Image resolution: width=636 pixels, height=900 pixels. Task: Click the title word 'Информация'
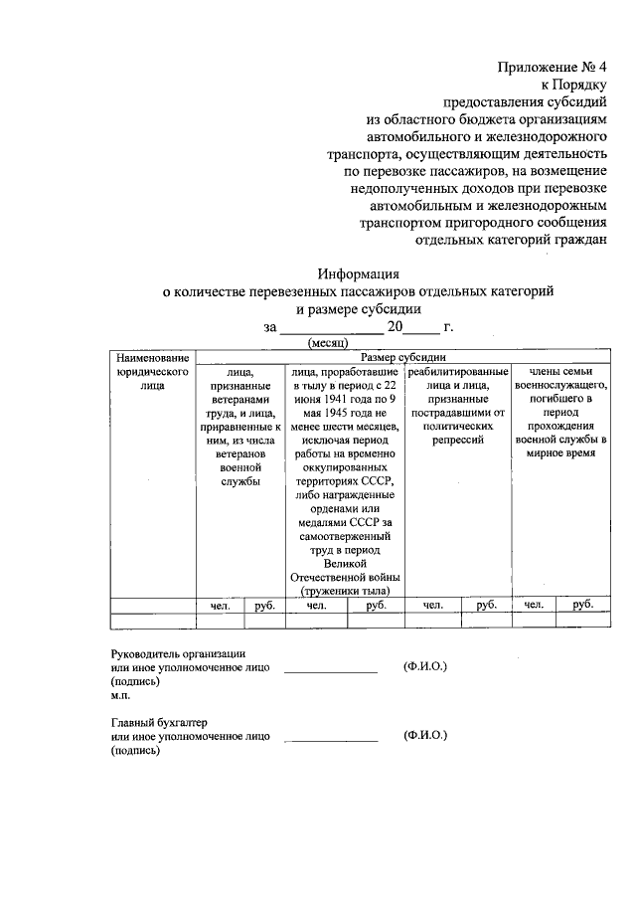tap(358, 273)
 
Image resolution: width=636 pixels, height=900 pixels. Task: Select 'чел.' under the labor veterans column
tap(220, 604)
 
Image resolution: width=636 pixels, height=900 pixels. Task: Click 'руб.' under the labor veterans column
tap(264, 604)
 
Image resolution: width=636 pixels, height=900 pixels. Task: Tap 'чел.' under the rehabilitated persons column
tap(432, 604)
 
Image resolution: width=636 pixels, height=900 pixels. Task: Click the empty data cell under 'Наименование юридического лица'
tap(152, 621)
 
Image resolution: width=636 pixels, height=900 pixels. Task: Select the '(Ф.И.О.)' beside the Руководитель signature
tap(425, 666)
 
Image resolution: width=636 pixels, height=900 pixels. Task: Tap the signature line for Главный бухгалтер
tap(331, 741)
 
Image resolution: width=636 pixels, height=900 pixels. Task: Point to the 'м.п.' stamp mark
tap(121, 697)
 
